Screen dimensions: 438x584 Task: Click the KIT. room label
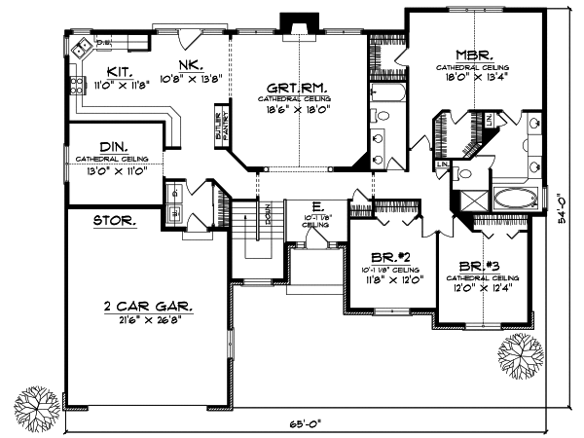(120, 71)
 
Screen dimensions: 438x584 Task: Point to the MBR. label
(473, 55)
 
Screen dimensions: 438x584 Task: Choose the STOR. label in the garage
(115, 221)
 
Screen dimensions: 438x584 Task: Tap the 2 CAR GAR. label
(149, 306)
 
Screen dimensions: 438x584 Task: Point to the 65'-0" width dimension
(303, 424)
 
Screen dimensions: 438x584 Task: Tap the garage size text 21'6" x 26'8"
(149, 318)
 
